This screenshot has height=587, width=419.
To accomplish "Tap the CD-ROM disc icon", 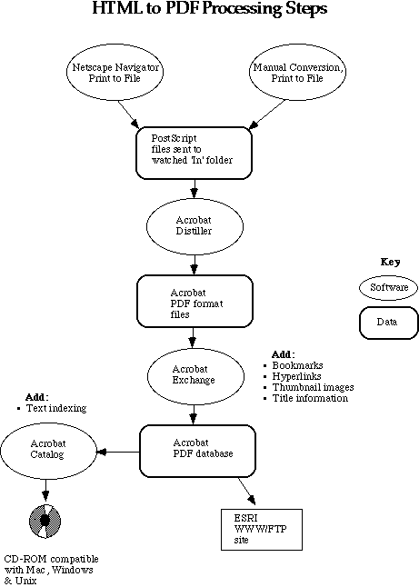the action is [x=45, y=521].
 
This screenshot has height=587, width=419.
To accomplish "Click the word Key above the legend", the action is [x=390, y=262].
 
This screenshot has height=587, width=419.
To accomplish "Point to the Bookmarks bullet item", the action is [x=294, y=365].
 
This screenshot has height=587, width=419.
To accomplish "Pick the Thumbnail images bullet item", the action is [x=308, y=387].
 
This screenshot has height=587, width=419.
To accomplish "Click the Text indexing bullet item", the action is [x=52, y=408].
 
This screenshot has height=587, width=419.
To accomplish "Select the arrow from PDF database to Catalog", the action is [x=118, y=452].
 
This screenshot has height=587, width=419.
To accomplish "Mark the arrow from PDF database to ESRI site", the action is [x=246, y=491].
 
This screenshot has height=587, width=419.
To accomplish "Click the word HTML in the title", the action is [x=117, y=8].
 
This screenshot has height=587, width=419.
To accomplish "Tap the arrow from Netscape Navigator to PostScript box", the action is [x=128, y=114].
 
